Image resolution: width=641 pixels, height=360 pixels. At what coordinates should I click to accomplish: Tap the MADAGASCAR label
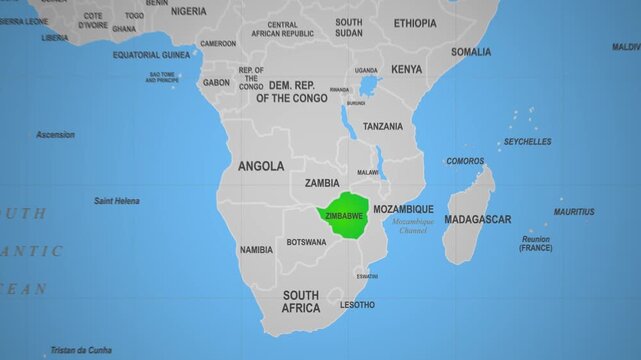coord(477,219)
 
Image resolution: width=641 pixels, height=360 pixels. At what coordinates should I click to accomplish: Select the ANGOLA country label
coord(260,166)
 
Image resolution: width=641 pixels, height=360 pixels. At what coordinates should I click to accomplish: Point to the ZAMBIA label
coord(322,183)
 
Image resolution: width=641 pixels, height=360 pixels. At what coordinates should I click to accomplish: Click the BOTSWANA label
coord(306,242)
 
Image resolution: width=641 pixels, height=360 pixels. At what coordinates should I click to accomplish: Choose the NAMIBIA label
coord(256,249)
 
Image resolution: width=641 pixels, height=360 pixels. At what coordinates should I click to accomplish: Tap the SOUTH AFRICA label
coord(301,301)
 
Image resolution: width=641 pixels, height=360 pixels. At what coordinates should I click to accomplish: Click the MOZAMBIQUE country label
coord(403,209)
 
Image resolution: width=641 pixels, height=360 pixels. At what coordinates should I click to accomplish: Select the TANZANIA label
coord(383,126)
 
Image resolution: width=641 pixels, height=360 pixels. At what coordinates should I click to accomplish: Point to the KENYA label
coord(406,69)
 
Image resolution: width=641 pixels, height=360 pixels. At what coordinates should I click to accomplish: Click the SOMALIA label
coord(470,51)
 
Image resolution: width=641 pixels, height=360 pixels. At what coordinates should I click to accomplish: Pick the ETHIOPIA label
coord(415,23)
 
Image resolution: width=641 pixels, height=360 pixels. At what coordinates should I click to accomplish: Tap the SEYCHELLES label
coord(527,142)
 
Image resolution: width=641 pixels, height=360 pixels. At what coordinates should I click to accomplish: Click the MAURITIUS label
coord(574,212)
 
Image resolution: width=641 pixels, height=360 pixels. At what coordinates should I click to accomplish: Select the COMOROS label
coord(465,161)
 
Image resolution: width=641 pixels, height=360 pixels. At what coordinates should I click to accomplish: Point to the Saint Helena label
coord(117,201)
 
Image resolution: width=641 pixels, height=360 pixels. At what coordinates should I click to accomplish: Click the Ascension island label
coord(55,134)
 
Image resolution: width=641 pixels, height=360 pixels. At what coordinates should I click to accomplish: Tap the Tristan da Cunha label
coord(81,350)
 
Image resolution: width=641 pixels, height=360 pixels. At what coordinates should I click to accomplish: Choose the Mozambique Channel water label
coord(413,226)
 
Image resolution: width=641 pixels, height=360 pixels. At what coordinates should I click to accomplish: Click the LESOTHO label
coord(358,304)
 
